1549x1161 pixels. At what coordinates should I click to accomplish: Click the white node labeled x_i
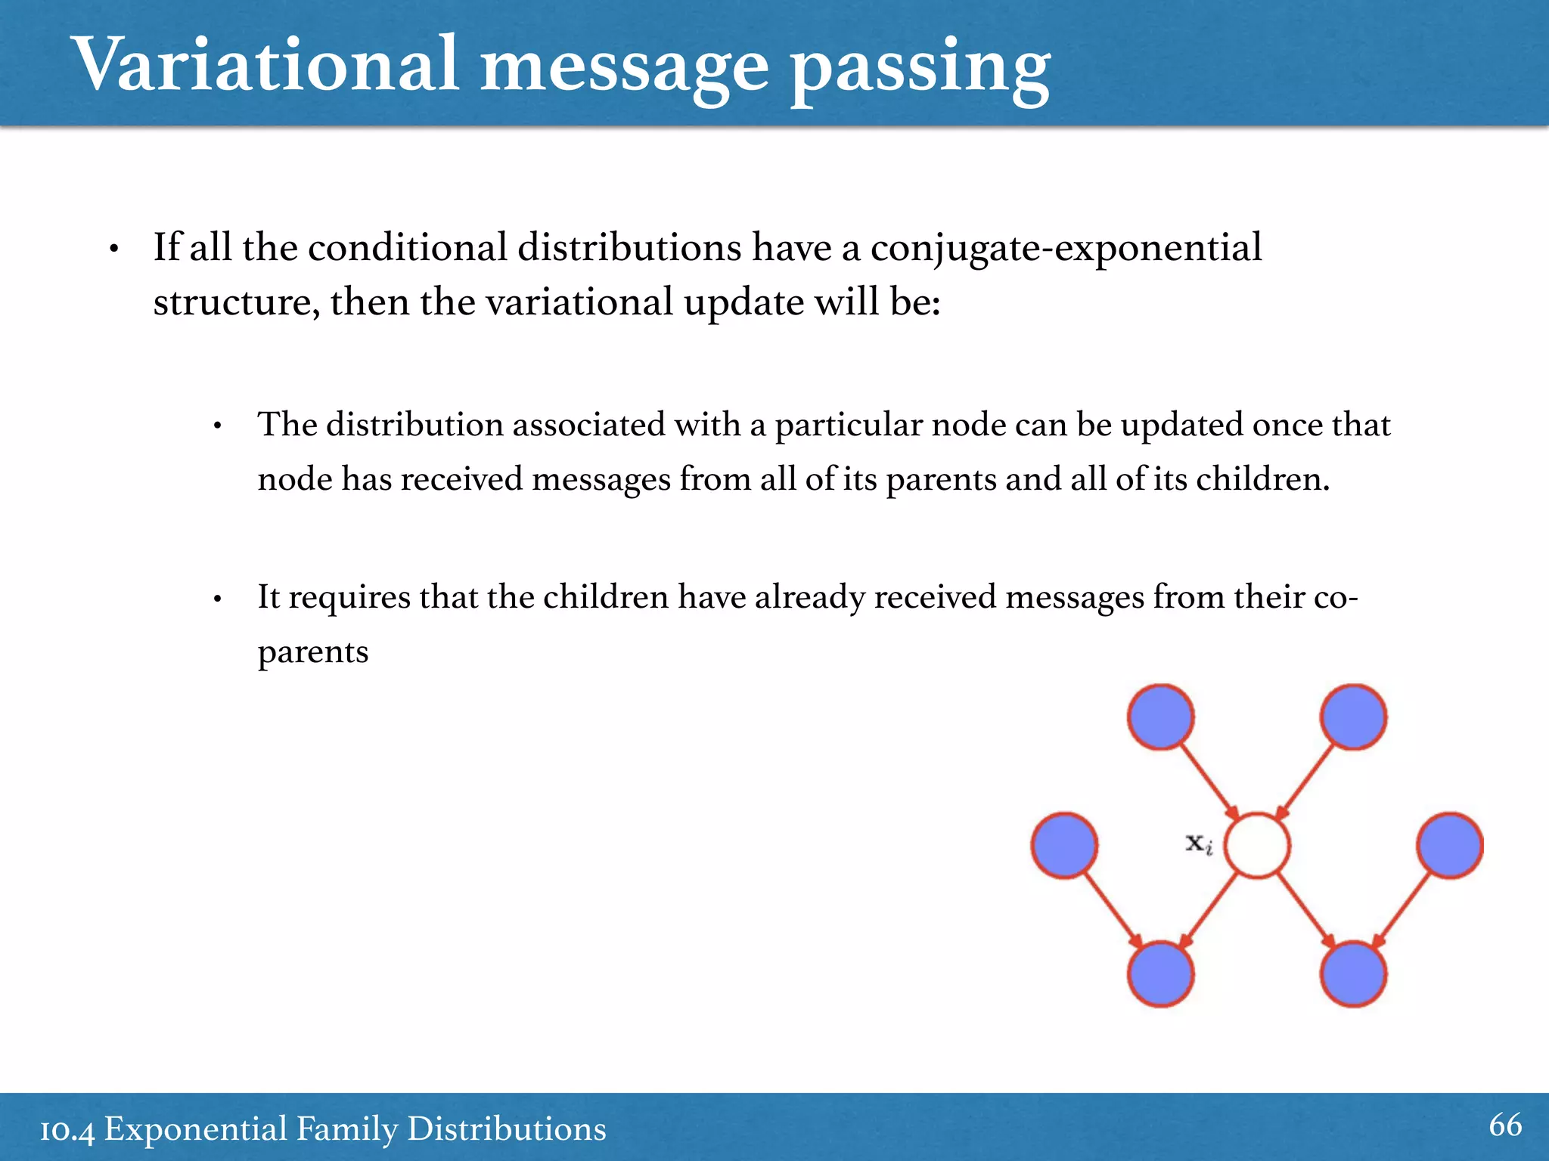(x=1257, y=845)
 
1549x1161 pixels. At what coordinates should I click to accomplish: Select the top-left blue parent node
(x=1160, y=717)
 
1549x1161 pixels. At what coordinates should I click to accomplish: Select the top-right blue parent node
(x=1353, y=717)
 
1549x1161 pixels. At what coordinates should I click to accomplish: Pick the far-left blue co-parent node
(x=1064, y=845)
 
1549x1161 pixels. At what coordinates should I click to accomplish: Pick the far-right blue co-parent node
(x=1449, y=845)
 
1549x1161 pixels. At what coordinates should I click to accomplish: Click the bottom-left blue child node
(x=1160, y=974)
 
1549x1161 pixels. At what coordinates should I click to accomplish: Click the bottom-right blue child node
(x=1353, y=974)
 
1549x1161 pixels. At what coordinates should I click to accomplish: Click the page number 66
(x=1505, y=1125)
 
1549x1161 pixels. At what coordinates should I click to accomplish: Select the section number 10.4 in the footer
(x=67, y=1131)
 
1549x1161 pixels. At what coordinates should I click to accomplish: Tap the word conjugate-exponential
(x=1066, y=249)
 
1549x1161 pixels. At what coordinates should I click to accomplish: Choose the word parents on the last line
(x=312, y=652)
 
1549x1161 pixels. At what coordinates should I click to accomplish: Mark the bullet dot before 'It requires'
(x=217, y=599)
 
